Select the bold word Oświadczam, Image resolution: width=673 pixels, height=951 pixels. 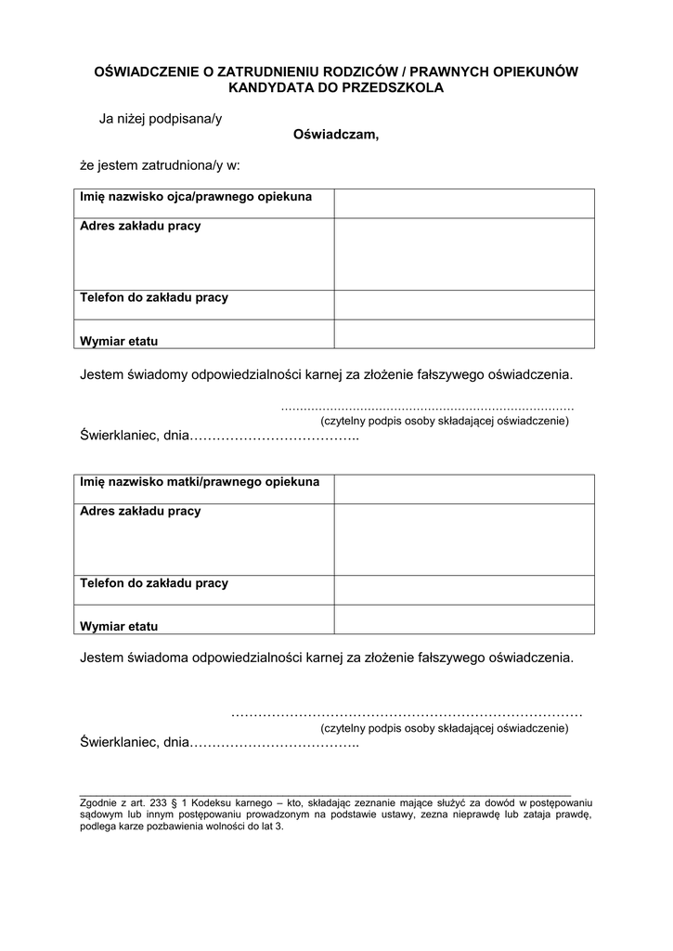336,135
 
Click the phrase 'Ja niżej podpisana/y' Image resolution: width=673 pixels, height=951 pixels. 161,119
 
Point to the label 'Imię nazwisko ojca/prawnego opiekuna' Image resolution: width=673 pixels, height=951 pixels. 196,197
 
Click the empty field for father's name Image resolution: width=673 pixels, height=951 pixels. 464,202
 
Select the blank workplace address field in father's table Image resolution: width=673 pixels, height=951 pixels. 464,254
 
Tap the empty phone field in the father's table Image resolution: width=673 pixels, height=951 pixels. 464,305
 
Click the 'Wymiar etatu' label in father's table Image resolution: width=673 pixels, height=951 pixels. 119,341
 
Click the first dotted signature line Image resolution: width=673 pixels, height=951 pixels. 427,408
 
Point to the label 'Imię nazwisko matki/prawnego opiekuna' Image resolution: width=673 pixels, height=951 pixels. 200,482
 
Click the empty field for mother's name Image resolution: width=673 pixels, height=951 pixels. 464,489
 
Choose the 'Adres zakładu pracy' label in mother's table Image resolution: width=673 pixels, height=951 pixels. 140,512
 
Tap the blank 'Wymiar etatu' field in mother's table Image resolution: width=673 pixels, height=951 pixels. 464,619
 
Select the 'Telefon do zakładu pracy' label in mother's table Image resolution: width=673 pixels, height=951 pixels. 154,583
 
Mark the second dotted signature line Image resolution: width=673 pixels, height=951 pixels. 406,713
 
